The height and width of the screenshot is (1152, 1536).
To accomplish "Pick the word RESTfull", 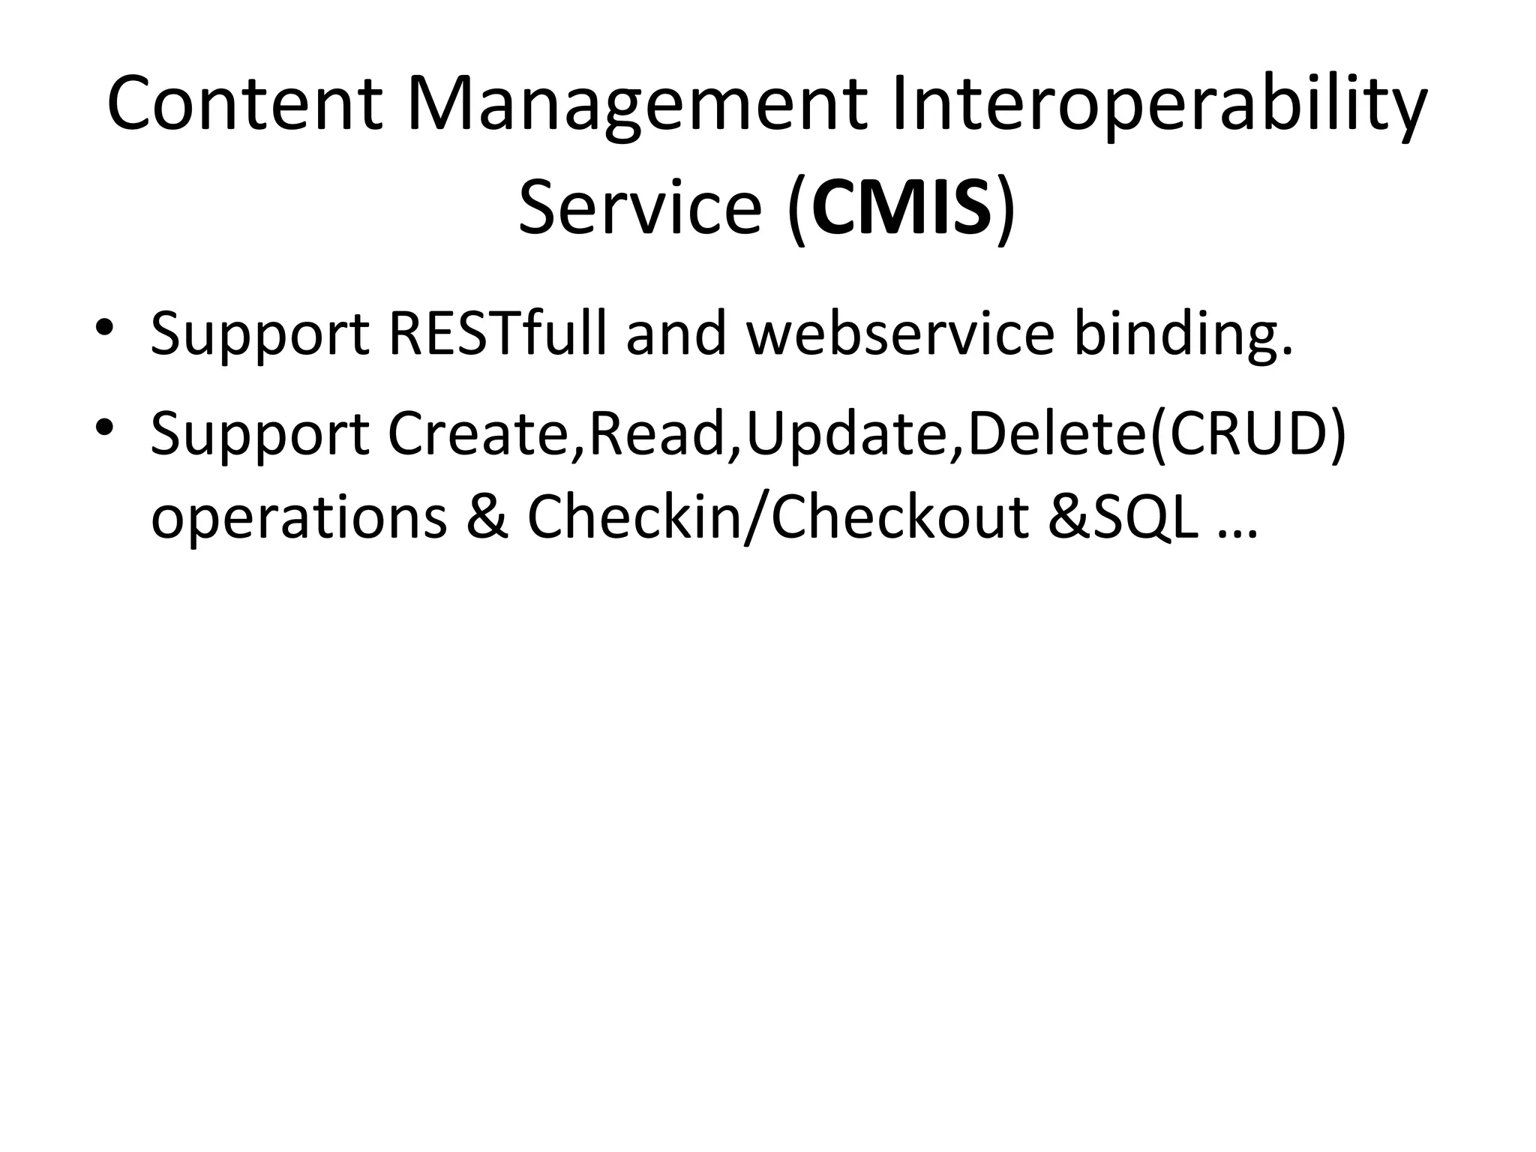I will point(498,334).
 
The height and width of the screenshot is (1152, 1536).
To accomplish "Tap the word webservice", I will point(900,334).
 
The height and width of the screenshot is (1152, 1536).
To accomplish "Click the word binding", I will point(1183,334).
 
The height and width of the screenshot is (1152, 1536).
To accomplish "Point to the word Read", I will point(656,435).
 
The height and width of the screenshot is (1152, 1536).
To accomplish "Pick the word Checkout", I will point(899,517).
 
